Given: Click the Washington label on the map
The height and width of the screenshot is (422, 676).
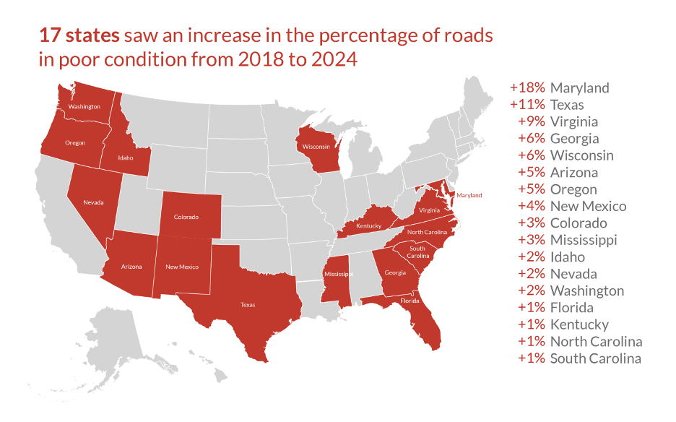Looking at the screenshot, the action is tap(84, 106).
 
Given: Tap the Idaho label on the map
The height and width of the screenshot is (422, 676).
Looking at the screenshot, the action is tap(126, 158).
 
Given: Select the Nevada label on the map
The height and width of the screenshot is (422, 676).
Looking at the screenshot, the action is tap(93, 202).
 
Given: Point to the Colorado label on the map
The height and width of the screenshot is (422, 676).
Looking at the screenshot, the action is tap(186, 217).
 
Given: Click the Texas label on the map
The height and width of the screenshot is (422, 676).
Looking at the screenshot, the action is tap(248, 305).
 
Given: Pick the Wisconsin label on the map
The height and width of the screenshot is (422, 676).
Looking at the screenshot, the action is tap(316, 147).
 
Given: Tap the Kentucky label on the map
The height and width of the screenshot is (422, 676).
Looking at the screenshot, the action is tap(368, 225).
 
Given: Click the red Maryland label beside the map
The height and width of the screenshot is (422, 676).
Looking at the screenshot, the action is tap(469, 196).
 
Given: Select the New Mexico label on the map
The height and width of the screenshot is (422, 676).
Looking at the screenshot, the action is tap(182, 267).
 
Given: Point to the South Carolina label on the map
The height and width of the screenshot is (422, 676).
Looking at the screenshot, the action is tap(417, 252).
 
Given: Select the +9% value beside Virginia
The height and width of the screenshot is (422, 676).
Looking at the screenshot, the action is tap(532, 121).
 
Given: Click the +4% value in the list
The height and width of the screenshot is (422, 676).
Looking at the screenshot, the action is tap(532, 206).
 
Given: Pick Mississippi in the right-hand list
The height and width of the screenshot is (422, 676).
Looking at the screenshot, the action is tap(584, 241).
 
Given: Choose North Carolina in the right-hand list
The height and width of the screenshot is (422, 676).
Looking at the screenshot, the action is tap(597, 342).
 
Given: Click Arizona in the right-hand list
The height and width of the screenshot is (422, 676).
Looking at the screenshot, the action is tap(574, 173).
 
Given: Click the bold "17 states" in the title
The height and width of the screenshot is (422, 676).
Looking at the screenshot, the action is tap(79, 35).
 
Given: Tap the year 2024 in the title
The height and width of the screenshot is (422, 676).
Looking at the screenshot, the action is tap(334, 59).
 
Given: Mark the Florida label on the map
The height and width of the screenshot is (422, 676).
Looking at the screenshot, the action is tap(409, 301).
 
